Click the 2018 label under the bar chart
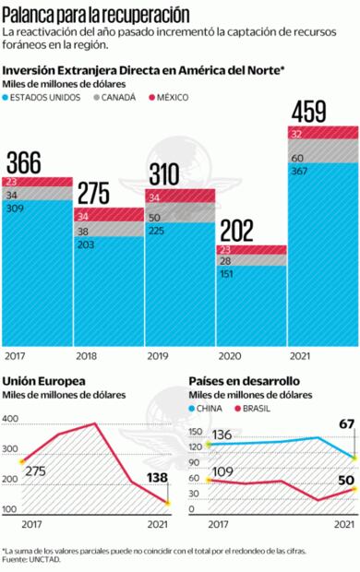coord(86,355)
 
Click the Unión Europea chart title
coord(44,381)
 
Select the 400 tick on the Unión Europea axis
coord(10,420)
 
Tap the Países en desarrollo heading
coord(244,381)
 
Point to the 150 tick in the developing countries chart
coord(195,431)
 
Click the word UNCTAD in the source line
coord(40,560)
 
